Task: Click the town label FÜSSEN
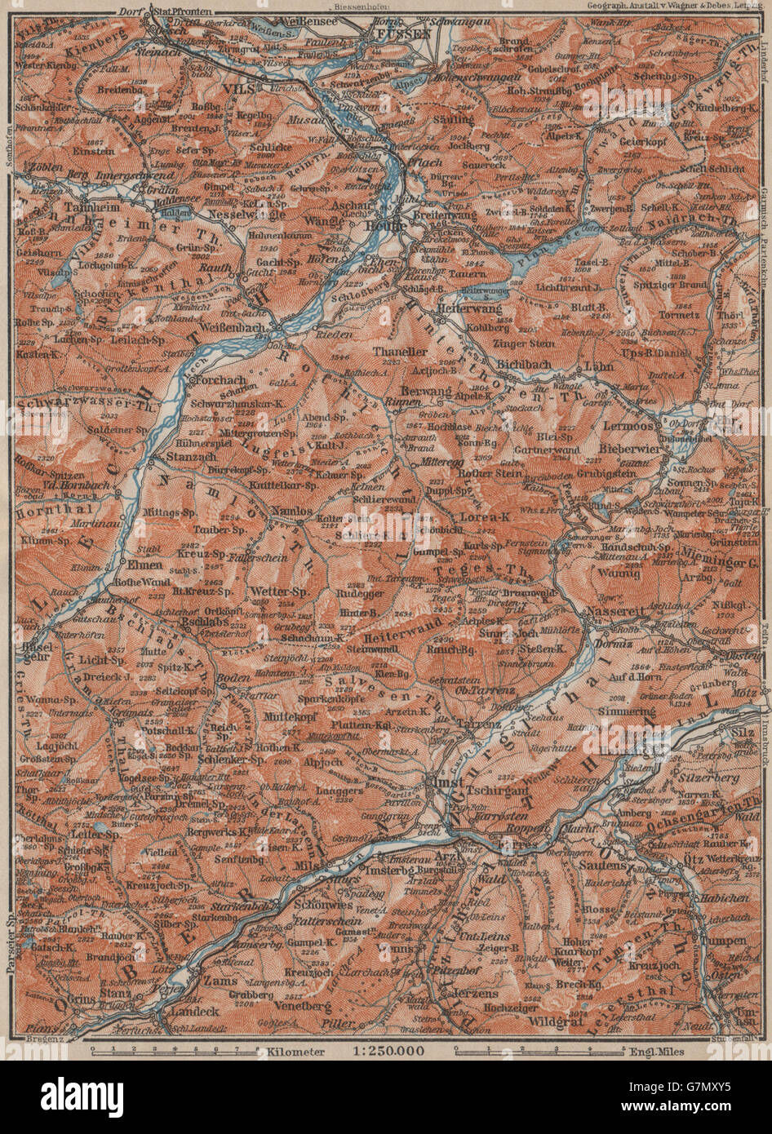[397, 35]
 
